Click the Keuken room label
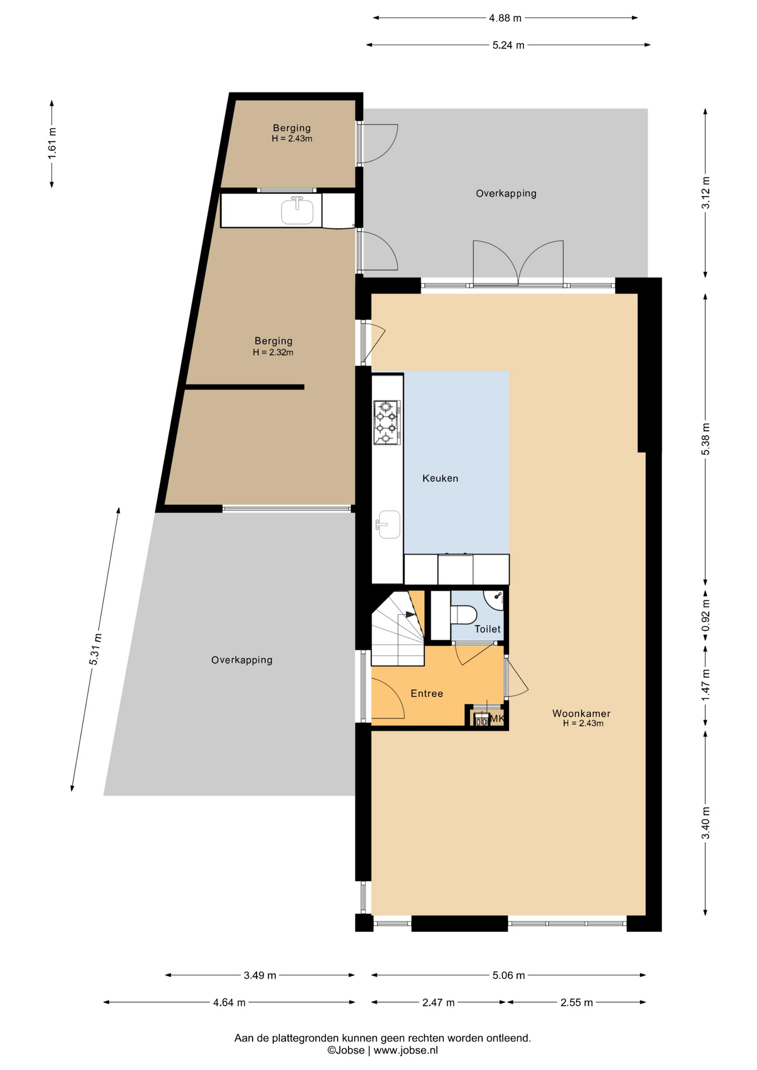440,478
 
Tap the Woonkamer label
581,713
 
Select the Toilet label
487,629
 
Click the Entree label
426,693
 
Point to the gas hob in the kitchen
387,422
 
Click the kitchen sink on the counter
389,524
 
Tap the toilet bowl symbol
463,615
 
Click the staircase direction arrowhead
411,614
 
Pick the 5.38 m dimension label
706,439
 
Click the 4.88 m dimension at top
505,18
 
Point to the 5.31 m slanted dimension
95,649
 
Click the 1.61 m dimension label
52,143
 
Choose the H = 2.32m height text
273,352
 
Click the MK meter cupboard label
497,718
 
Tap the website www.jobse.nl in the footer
405,1050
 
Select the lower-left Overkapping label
241,660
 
